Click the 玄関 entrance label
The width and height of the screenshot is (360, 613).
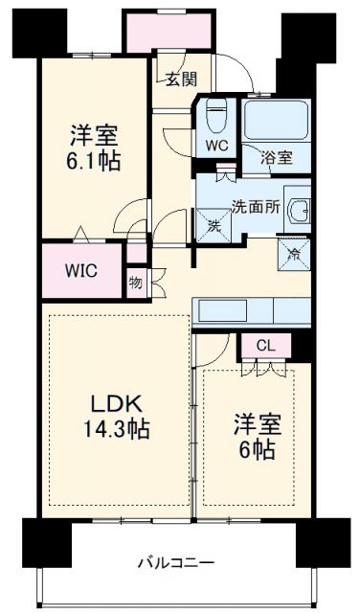[x=177, y=80]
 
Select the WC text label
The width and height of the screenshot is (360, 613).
[x=215, y=148]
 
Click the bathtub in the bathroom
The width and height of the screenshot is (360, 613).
[x=273, y=121]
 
